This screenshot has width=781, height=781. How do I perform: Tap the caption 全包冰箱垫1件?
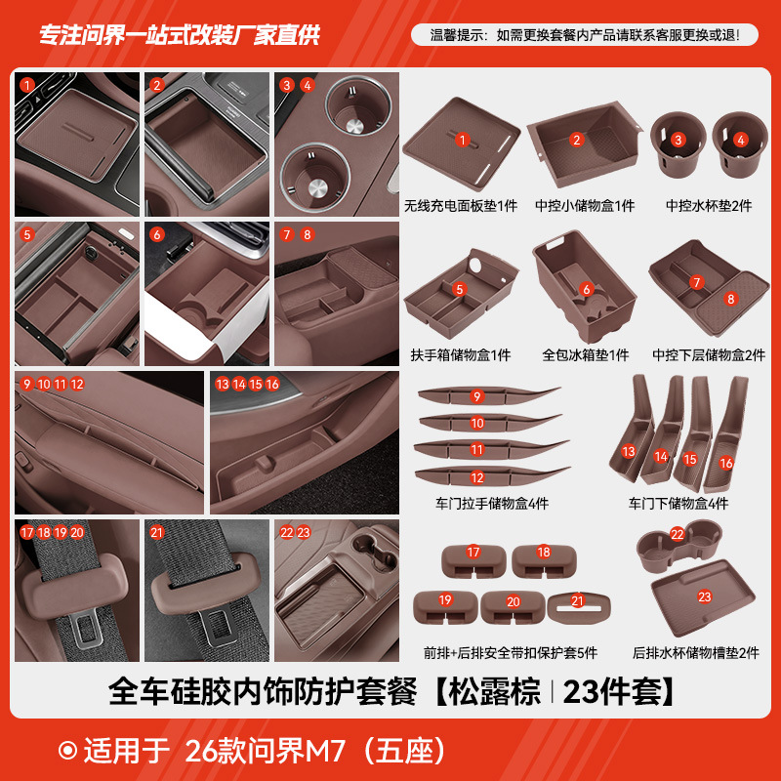(586, 355)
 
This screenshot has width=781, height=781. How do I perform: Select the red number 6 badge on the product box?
(586, 289)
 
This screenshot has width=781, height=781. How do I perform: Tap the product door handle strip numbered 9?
(488, 396)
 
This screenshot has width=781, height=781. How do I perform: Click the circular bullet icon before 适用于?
(67, 751)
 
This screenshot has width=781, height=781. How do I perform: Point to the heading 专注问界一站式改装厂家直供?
(179, 35)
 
